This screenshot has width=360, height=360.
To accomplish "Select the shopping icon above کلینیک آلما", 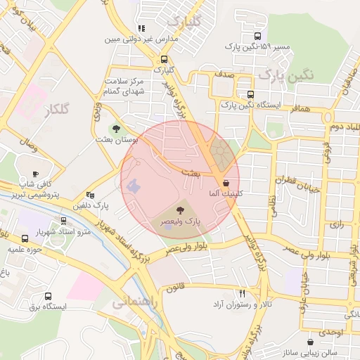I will point(225,183).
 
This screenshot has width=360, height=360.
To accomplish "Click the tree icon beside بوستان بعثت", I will point(116,129).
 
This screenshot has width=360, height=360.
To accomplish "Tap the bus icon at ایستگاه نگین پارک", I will point(250,94).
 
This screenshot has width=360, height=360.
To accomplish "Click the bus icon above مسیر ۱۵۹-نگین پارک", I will point(258,36).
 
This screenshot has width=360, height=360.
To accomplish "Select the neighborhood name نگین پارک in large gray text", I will point(283,74).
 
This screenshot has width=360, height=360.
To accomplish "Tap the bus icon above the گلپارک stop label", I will point(164,60).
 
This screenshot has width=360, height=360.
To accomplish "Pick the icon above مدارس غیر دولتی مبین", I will point(141,29).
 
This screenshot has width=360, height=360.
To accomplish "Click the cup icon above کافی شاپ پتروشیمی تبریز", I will point(36,173).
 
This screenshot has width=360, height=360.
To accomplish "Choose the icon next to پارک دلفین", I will point(89,195).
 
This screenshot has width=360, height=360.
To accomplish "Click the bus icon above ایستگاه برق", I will point(48,296).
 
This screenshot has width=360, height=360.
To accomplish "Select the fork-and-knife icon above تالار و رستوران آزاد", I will point(242,293).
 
